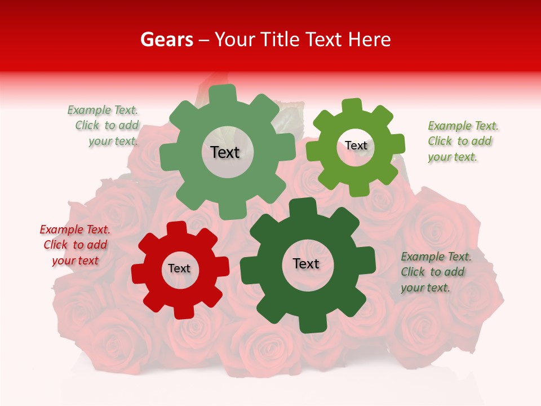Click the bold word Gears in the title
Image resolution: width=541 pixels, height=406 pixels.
click(166, 39)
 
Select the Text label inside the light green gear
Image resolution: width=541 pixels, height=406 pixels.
click(356, 145)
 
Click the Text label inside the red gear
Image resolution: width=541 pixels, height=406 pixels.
click(179, 268)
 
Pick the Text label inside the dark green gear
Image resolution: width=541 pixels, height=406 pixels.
click(306, 263)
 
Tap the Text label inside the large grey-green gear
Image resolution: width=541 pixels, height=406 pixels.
click(225, 152)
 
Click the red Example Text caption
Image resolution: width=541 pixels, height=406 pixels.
click(75, 245)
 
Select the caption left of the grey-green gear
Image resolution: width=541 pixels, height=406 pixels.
click(105, 125)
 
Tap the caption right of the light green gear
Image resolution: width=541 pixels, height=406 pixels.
click(462, 141)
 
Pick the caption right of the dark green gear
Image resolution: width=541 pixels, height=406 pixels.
click(435, 272)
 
